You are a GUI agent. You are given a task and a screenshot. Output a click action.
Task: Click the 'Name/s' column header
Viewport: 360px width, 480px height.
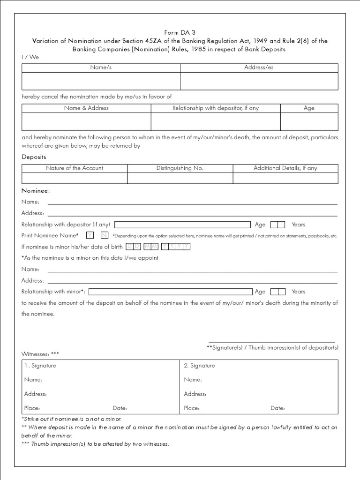coord(101,67)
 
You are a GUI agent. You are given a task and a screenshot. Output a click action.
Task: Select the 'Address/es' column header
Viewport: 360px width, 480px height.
coord(259,67)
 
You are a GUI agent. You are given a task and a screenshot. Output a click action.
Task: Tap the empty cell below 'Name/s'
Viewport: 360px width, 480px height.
coord(101,81)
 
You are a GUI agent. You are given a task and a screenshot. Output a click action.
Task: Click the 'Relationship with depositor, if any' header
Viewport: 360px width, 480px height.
coord(215,108)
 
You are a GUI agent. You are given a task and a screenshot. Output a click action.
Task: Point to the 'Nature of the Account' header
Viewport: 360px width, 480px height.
coord(75,168)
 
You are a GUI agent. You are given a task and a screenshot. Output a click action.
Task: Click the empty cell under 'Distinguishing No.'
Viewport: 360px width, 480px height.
coord(180,178)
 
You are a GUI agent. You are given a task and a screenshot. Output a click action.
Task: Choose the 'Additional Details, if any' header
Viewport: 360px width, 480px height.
coord(285,168)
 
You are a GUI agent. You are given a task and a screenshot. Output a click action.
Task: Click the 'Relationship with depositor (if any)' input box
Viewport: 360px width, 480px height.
coord(182,225)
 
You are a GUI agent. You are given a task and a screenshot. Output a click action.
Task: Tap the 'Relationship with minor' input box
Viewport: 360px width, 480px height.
coord(170,292)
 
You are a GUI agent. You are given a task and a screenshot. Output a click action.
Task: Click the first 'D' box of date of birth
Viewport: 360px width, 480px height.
coord(129,247)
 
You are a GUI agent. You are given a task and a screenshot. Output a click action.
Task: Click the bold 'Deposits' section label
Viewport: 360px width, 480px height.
coord(34,157)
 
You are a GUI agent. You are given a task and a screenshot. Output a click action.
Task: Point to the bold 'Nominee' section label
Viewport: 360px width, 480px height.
coord(35,191)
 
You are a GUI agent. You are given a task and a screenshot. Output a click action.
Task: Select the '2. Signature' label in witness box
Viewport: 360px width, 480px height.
coord(199,366)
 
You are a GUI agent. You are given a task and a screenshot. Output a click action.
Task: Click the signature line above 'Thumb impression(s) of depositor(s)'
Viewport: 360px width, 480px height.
coord(272,342)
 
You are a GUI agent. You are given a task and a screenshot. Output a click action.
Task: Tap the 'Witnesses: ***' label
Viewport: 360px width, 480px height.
coord(40,353)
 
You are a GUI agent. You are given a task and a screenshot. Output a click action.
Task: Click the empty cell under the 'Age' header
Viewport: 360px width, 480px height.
coord(309,121)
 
